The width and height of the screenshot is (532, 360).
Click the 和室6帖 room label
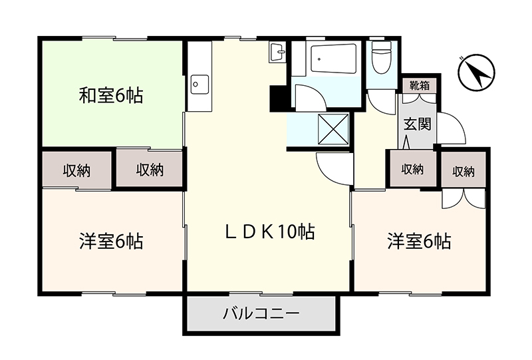(x=111, y=95)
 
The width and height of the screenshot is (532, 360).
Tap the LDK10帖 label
(x=270, y=232)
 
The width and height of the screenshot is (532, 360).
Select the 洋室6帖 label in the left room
(x=111, y=242)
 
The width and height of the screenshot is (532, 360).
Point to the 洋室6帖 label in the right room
(x=419, y=242)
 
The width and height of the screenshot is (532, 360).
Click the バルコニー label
(x=261, y=313)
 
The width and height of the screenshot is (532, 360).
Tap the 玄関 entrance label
(x=418, y=124)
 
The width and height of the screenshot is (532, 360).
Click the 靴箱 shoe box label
(x=420, y=86)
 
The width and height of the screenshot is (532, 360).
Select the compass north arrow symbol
(x=476, y=73)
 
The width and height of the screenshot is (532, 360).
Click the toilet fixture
(x=382, y=57)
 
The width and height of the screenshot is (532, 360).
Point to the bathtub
(x=334, y=58)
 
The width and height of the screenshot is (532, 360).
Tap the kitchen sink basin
(x=200, y=85)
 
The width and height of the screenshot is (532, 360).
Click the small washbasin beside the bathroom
(x=277, y=53)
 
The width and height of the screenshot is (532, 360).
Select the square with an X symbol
(x=333, y=129)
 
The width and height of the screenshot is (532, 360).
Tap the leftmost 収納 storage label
(x=77, y=170)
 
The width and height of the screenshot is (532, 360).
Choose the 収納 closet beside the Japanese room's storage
(x=150, y=170)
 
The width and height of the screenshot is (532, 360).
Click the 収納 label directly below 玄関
(x=412, y=169)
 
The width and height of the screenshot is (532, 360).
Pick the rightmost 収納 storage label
(x=464, y=172)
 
